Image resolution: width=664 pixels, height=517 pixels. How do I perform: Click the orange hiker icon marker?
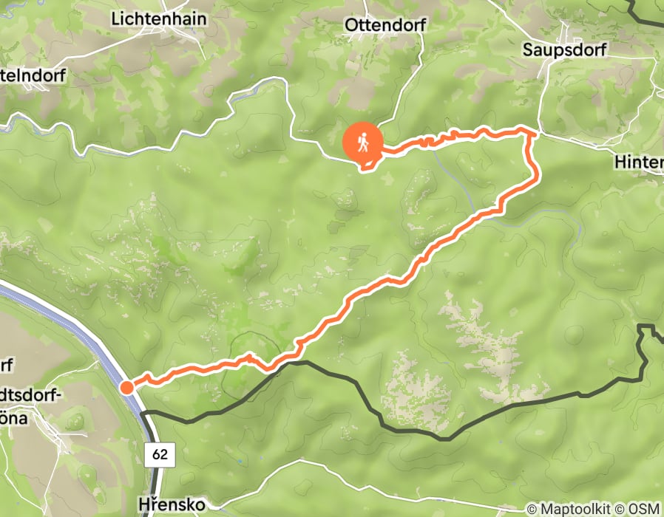coord(362,142)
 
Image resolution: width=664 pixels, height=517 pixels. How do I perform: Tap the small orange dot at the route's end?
coord(126,387)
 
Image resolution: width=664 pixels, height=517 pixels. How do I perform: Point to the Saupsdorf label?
coord(564,49)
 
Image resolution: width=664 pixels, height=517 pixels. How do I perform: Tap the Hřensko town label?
coord(175,504)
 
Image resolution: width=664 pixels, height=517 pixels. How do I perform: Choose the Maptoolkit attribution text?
coord(569,508)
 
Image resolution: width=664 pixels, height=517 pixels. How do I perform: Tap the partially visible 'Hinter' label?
coord(639,160)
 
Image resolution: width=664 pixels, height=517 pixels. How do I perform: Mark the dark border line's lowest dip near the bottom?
coord(446,439)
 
